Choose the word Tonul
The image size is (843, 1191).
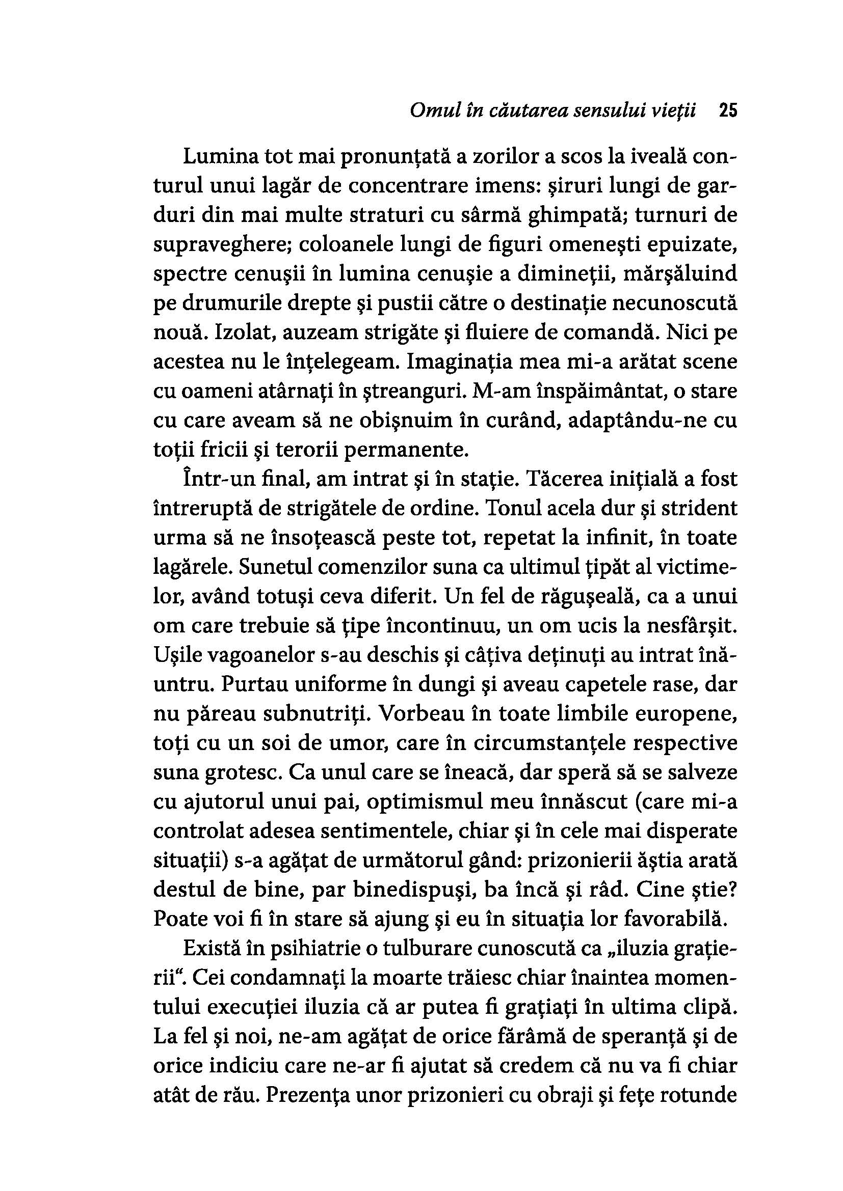tap(512, 508)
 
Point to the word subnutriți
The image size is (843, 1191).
tap(318, 714)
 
